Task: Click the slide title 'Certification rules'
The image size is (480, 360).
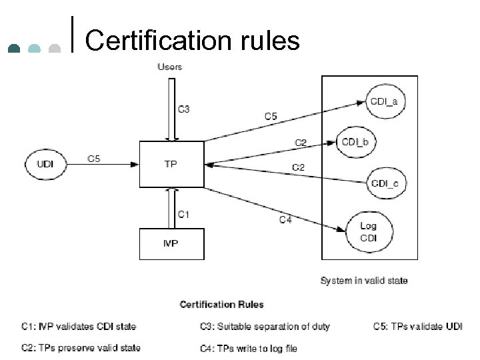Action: pyautogui.click(x=192, y=41)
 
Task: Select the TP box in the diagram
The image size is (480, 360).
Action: pyautogui.click(x=171, y=164)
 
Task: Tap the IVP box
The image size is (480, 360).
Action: pyautogui.click(x=171, y=243)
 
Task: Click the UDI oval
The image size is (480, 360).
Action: pyautogui.click(x=46, y=164)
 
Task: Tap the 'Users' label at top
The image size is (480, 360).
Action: pyautogui.click(x=169, y=67)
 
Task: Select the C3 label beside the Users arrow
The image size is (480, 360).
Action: pyautogui.click(x=183, y=109)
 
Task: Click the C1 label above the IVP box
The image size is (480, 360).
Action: pyautogui.click(x=183, y=214)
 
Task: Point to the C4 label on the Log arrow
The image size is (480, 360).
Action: pyautogui.click(x=285, y=220)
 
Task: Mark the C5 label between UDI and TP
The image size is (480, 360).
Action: pyautogui.click(x=95, y=159)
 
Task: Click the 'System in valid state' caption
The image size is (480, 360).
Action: pyautogui.click(x=364, y=281)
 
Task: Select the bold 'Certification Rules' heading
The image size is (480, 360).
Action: pyautogui.click(x=221, y=305)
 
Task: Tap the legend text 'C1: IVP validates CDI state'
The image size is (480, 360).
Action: pyautogui.click(x=78, y=327)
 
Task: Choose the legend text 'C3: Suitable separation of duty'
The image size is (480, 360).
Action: pyautogui.click(x=265, y=327)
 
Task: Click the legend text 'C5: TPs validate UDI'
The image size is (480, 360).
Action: pyautogui.click(x=417, y=327)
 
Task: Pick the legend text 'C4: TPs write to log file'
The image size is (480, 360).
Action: pyautogui.click(x=248, y=348)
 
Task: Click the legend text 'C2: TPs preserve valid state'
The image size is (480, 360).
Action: pyautogui.click(x=80, y=348)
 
